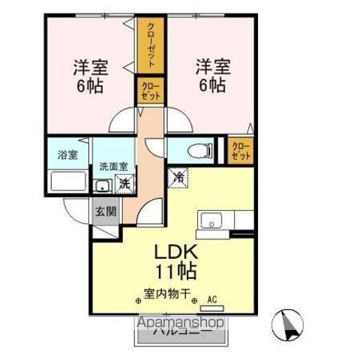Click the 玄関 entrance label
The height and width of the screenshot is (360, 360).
tap(105, 211)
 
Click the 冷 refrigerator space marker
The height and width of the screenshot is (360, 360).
tap(179, 178)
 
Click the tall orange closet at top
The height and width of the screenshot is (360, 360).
tap(151, 45)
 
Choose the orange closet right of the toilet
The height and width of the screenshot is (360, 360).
tap(241, 150)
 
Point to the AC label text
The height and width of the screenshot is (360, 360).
tap(211, 297)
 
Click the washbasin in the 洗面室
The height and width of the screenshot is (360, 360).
tap(103, 184)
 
